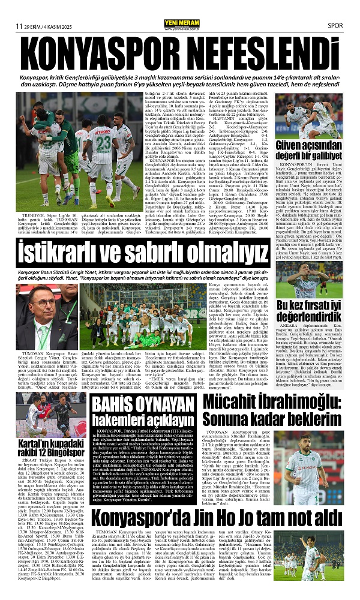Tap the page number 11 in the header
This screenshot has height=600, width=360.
click(19, 26)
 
